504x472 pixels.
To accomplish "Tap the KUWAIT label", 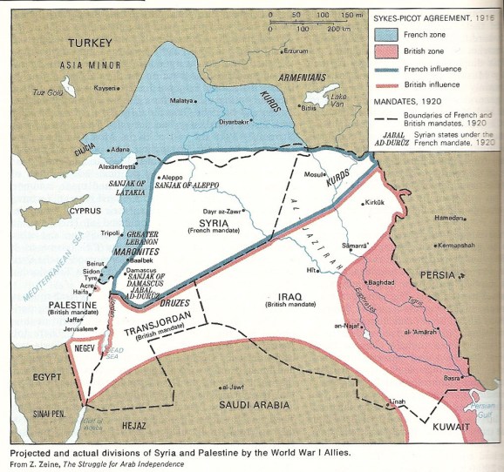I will tap(453, 427).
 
